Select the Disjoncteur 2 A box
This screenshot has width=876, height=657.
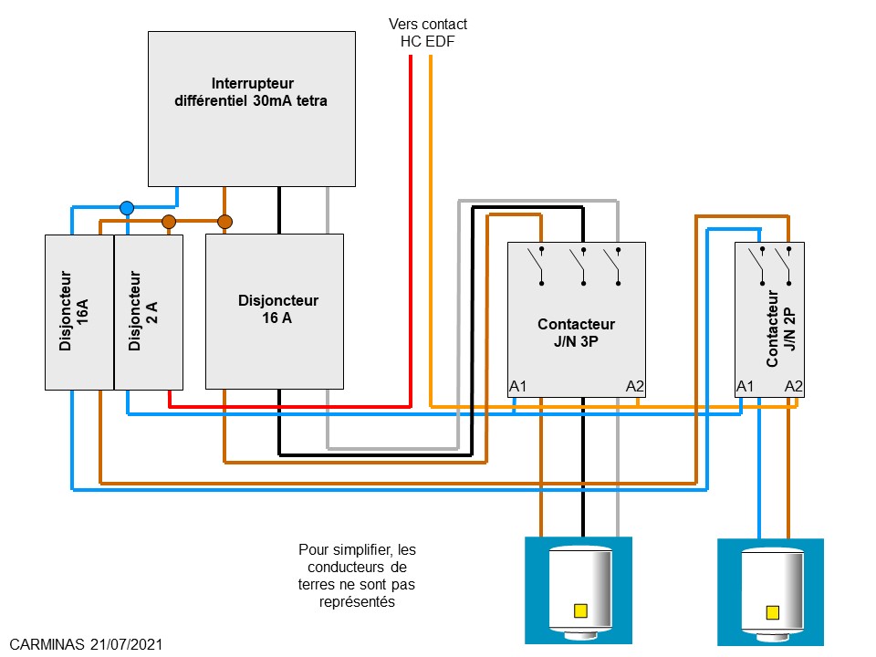(x=149, y=311)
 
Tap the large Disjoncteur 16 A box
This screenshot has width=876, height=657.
(x=274, y=310)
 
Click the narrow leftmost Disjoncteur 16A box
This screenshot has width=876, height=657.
(x=79, y=311)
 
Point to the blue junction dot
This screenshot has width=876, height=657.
(x=127, y=208)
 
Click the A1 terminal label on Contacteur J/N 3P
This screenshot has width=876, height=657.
(x=518, y=386)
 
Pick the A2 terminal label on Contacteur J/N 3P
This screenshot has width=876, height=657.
(x=635, y=386)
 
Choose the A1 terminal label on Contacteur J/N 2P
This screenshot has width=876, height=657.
(x=746, y=386)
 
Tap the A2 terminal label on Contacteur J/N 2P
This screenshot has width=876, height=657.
(x=794, y=386)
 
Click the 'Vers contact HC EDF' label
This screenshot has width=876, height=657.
(x=428, y=32)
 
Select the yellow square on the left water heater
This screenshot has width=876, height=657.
(x=579, y=611)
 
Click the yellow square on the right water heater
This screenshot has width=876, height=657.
(x=773, y=612)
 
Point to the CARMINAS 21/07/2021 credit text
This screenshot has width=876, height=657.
(x=88, y=644)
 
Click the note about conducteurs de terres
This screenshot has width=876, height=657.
(x=356, y=576)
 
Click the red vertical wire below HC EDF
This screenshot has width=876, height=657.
(x=411, y=228)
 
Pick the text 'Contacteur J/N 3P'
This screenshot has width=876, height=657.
(x=576, y=332)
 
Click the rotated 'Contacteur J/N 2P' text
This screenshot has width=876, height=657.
(x=782, y=328)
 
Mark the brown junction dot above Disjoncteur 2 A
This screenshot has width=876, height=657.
(x=169, y=222)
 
